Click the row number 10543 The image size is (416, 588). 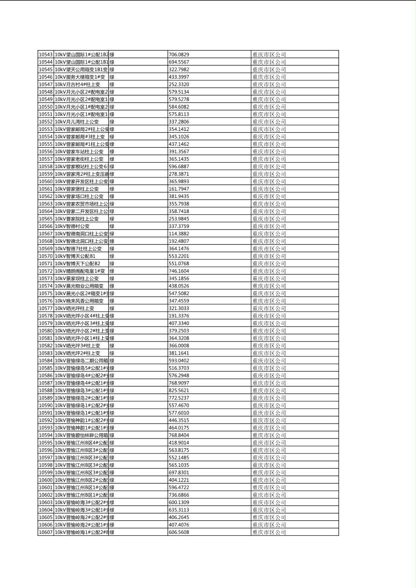tap(46, 55)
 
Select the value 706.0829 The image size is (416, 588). tap(179, 55)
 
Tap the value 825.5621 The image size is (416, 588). tap(179, 390)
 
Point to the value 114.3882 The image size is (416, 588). tap(179, 234)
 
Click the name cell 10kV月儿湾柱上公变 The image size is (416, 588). tap(77, 122)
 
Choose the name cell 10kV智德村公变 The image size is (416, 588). tap(72, 226)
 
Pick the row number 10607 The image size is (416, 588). tap(46, 532)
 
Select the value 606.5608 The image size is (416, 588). tap(179, 532)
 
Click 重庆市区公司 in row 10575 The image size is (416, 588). tap(269, 294)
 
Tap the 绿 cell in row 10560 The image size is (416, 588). tap(112, 182)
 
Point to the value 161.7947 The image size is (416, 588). tap(179, 189)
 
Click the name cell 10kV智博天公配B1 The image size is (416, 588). tap(75, 256)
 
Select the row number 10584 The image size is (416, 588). tap(46, 361)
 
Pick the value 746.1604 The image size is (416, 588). tap(179, 271)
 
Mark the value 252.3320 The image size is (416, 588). tap(179, 84)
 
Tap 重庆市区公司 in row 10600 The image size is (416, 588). tap(269, 480)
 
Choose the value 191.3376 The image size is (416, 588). tap(179, 316)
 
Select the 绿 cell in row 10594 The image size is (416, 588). tap(112, 435)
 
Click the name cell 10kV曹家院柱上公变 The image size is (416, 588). tap(77, 219)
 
